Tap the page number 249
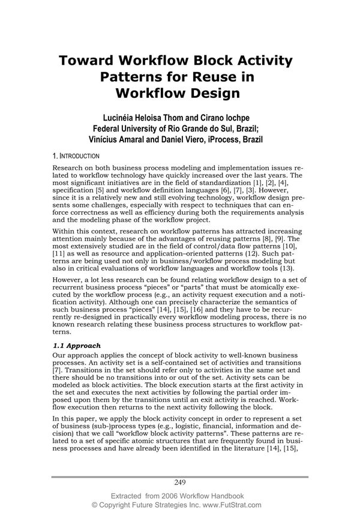coord(181,482)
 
